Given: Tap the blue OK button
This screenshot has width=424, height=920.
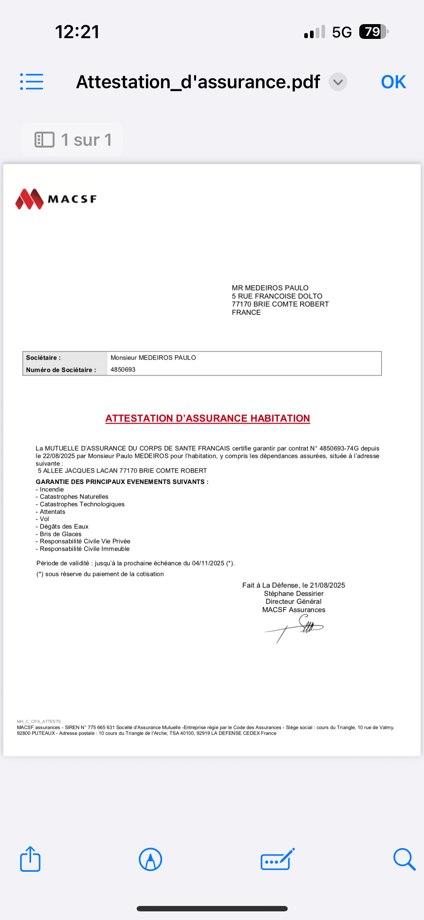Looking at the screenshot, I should [393, 82].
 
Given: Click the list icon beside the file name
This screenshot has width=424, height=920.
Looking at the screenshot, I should [32, 82].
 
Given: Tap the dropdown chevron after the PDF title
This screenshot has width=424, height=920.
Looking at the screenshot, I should [338, 82].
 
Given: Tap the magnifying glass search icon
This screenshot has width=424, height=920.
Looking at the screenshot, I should [404, 859].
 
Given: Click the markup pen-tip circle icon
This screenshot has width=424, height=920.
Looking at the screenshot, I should [150, 859].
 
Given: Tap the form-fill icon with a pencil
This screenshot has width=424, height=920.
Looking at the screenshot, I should [277, 859].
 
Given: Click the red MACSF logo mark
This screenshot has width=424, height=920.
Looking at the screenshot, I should [29, 199].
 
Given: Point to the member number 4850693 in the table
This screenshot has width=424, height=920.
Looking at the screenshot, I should [123, 370].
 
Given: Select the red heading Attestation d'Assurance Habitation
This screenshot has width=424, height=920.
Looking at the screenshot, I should [208, 418].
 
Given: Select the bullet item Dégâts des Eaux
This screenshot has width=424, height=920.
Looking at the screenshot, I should [64, 527].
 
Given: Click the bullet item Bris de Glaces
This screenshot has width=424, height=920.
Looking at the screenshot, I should [60, 534].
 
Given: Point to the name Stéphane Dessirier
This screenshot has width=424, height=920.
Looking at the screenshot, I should [293, 594].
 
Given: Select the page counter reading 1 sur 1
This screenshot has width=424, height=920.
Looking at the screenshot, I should [73, 140].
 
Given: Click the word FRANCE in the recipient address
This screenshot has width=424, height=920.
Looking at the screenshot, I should [246, 312].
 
